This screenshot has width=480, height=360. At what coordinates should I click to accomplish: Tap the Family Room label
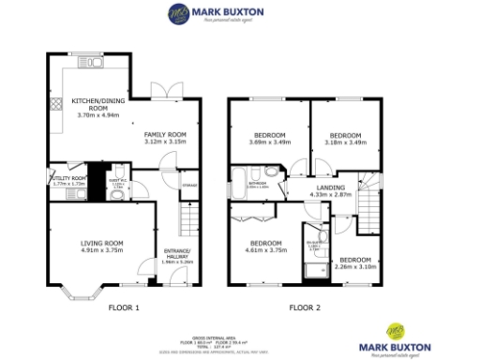(165, 137)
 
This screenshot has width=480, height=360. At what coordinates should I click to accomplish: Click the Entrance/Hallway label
(176, 256)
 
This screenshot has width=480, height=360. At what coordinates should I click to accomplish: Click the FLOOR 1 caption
(123, 307)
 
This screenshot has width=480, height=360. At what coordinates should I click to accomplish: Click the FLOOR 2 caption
(304, 307)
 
